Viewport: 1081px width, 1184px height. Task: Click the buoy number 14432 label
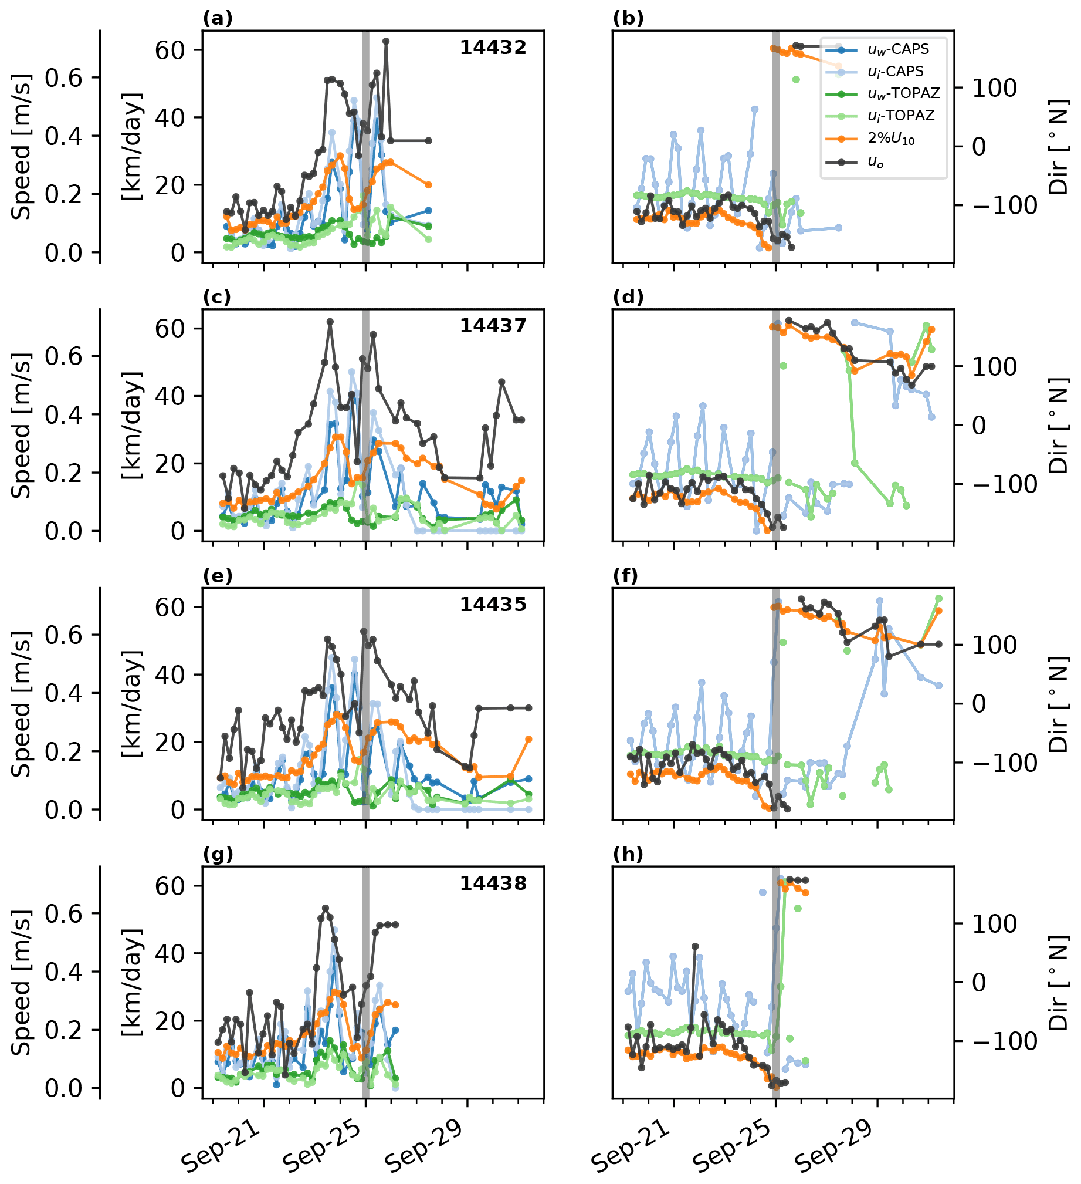[x=492, y=48]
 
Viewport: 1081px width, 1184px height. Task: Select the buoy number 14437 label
[x=492, y=326]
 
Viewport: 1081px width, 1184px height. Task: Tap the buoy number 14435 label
[x=492, y=605]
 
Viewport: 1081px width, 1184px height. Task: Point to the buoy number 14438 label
[x=492, y=883]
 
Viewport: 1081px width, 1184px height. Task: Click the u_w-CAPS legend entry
[x=898, y=49]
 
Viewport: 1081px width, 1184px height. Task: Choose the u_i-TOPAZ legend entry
[x=901, y=116]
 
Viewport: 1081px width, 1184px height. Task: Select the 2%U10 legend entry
[x=891, y=139]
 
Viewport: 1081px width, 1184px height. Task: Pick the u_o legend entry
[x=876, y=163]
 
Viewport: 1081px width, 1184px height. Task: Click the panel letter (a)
[x=217, y=19]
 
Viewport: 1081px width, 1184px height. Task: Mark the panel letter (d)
[x=628, y=298]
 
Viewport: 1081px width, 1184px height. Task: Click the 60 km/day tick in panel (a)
[x=170, y=50]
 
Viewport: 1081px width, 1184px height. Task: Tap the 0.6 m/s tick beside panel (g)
[x=63, y=914]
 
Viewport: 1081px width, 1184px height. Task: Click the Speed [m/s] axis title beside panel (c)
[x=22, y=425]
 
